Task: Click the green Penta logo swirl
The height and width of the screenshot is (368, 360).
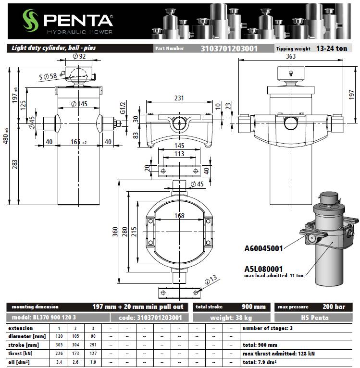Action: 31,20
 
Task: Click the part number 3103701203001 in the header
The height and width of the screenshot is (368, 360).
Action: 229,49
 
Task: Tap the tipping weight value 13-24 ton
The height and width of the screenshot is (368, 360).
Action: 332,49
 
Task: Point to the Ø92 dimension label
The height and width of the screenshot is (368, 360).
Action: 79,56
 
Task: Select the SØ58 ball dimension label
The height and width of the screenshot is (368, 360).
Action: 48,76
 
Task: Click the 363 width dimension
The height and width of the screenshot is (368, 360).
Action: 291,56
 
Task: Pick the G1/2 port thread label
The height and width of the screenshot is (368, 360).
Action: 123,108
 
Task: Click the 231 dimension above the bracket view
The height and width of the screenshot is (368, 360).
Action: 179,98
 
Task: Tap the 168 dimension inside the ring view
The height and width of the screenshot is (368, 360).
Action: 179,216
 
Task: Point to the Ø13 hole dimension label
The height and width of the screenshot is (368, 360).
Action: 211,280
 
